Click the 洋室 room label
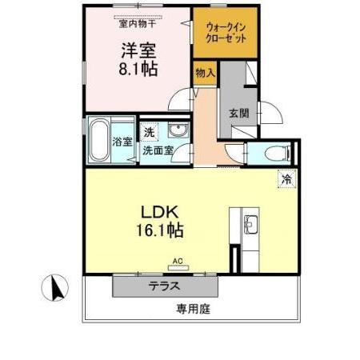(x=138, y=50)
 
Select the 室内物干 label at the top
(x=138, y=23)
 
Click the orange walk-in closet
(x=226, y=34)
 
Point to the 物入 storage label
(x=204, y=73)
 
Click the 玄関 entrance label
(x=239, y=113)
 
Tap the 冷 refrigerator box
(x=286, y=179)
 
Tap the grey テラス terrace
(x=163, y=286)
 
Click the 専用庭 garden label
(x=193, y=308)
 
